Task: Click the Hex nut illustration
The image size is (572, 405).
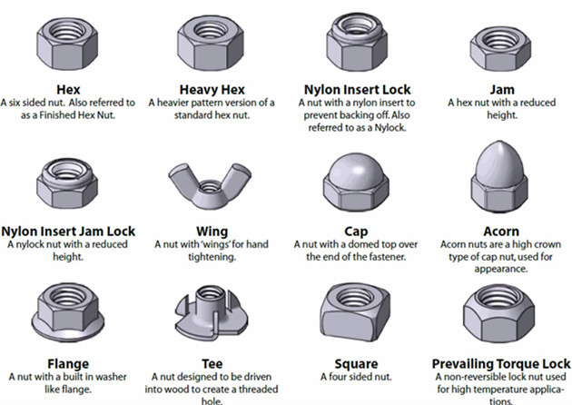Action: point(67,44)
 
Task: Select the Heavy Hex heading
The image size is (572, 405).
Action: point(212,89)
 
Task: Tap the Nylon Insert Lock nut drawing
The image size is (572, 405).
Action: point(357,42)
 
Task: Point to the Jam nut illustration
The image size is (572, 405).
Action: point(500,48)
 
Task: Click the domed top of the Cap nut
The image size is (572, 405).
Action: point(356,167)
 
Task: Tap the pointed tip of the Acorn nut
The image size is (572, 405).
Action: point(499,143)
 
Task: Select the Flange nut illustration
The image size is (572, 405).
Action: point(68,312)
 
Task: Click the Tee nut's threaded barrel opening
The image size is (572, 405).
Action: point(210,291)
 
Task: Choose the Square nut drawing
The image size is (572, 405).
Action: point(355,312)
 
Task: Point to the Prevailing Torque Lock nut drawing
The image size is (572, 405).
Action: point(498,313)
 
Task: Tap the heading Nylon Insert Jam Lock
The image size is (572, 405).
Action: point(68,232)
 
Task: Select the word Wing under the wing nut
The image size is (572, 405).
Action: point(212,232)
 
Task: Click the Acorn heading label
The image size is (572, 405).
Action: point(501,232)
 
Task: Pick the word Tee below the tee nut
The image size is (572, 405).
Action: point(212,364)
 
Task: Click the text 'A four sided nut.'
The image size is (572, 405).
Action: point(356,377)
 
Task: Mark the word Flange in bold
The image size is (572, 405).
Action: point(68,364)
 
